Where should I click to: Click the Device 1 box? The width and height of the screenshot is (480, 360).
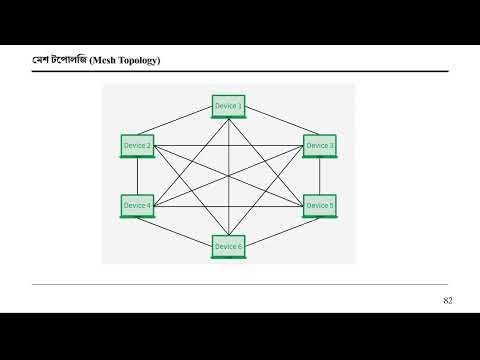tap(228, 105)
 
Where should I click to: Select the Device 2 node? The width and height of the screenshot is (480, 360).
tap(137, 146)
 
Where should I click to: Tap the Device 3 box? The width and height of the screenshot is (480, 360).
tap(320, 146)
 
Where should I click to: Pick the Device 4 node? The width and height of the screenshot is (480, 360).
tap(137, 205)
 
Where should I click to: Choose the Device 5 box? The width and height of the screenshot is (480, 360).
tap(320, 205)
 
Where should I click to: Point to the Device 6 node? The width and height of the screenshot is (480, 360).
tap(228, 246)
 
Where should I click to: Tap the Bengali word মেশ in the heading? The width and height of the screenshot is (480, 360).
tap(41, 63)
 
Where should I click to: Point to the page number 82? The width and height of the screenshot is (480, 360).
tap(448, 301)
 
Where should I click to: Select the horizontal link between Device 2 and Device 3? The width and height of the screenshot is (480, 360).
tap(190, 147)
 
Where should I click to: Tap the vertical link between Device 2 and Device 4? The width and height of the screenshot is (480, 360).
tap(137, 176)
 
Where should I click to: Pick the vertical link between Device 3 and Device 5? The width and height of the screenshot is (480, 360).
tap(320, 176)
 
